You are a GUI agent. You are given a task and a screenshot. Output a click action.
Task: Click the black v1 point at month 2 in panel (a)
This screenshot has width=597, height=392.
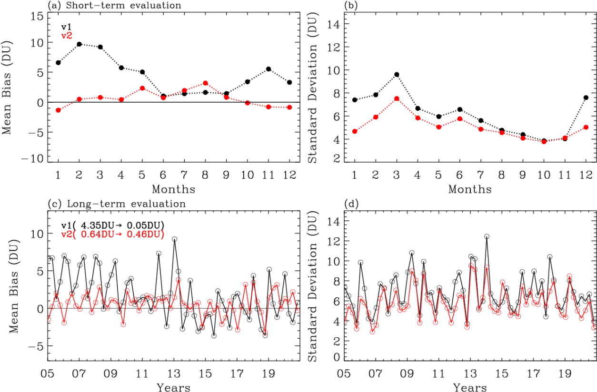pyautogui.click(x=80, y=44)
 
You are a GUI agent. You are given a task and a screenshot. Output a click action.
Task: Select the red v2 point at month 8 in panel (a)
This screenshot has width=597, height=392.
pyautogui.click(x=205, y=83)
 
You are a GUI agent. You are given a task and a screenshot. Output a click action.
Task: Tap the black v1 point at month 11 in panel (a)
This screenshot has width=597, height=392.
pyautogui.click(x=269, y=69)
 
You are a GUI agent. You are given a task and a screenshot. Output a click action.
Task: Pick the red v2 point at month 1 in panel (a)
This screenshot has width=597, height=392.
pyautogui.click(x=58, y=110)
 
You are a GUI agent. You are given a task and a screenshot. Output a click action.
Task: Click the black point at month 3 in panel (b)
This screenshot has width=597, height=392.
pyautogui.click(x=397, y=75)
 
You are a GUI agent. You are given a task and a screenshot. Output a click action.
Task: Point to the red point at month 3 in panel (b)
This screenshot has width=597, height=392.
pyautogui.click(x=397, y=99)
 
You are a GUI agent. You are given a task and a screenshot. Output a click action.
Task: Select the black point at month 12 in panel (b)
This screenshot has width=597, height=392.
pyautogui.click(x=586, y=98)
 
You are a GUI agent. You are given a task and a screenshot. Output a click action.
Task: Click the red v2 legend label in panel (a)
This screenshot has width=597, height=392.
pyautogui.click(x=67, y=36)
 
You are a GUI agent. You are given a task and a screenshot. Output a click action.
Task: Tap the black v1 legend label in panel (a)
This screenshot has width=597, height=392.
pyautogui.click(x=67, y=27)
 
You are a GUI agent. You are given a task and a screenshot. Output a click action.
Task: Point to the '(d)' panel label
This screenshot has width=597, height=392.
pyautogui.click(x=352, y=204)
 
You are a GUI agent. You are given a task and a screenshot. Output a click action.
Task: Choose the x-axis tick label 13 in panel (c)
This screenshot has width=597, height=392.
pyautogui.click(x=174, y=374)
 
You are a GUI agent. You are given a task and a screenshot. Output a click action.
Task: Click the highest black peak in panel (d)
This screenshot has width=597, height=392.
pyautogui.click(x=487, y=236)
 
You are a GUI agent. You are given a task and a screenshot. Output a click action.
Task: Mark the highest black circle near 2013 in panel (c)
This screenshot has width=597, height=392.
pyautogui.click(x=175, y=239)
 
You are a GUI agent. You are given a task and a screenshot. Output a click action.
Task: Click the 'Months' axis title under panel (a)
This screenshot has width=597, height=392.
pyautogui.click(x=173, y=189)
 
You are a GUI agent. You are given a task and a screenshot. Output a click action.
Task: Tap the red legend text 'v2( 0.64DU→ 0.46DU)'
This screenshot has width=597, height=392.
pyautogui.click(x=113, y=234)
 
